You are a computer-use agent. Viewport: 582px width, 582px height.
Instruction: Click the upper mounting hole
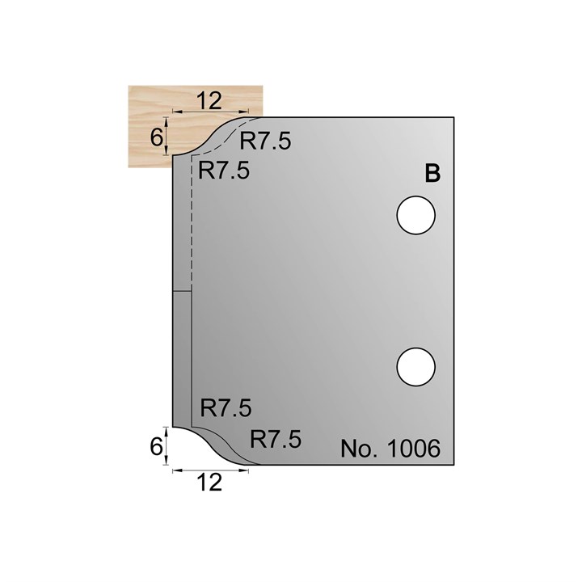(x=415, y=215)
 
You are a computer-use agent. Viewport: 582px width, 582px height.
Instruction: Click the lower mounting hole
(x=415, y=367)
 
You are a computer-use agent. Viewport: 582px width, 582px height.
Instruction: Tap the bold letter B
(x=432, y=174)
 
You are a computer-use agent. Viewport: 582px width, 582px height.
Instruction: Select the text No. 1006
(x=390, y=449)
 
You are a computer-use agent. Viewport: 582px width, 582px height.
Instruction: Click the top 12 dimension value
(x=209, y=100)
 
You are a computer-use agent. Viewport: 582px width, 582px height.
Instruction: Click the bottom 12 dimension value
(x=209, y=483)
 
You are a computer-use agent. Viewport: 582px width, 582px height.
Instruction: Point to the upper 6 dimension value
(x=157, y=137)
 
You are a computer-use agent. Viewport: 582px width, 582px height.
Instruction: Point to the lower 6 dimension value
(x=157, y=446)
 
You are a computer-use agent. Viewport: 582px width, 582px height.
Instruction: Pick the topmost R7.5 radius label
(x=265, y=141)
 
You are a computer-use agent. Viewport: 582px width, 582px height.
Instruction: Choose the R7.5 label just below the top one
(x=224, y=171)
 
